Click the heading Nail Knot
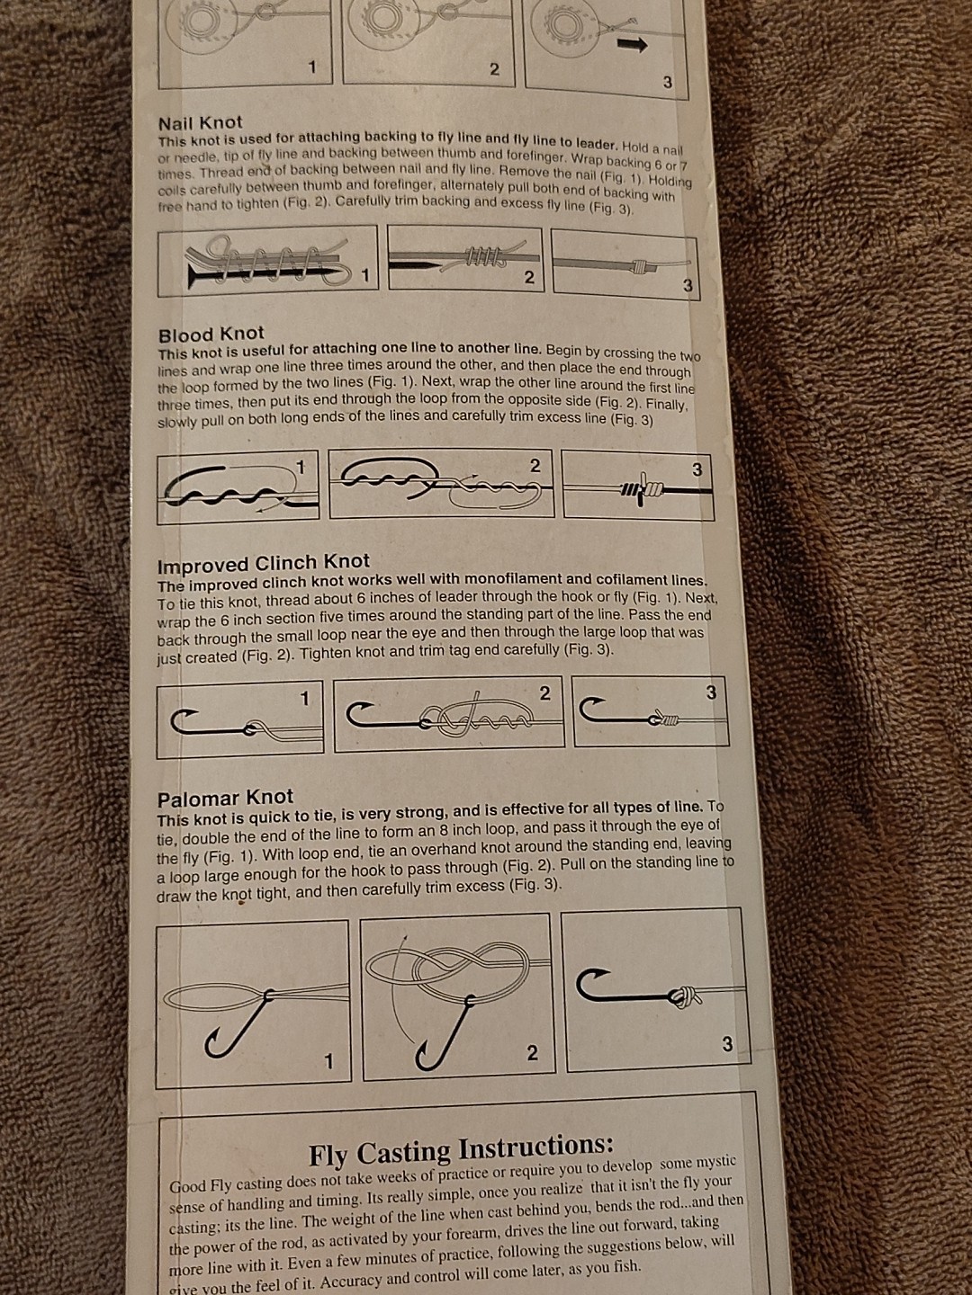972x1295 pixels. [x=200, y=122]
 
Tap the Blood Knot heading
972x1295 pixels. [x=211, y=334]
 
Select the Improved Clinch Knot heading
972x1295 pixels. [x=263, y=563]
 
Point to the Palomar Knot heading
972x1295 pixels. [x=225, y=799]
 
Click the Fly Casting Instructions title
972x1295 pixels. [x=461, y=1149]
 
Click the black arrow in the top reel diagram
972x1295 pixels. [x=632, y=45]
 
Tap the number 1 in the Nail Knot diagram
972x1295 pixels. [x=365, y=275]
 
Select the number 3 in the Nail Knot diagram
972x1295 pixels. [x=688, y=286]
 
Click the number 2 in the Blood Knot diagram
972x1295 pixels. [x=535, y=466]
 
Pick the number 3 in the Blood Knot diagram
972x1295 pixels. [x=697, y=469]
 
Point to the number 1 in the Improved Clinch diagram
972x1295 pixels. [x=304, y=699]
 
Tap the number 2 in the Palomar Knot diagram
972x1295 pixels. [x=532, y=1053]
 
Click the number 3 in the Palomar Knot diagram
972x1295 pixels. [x=727, y=1044]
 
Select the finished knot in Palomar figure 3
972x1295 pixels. [x=684, y=996]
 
